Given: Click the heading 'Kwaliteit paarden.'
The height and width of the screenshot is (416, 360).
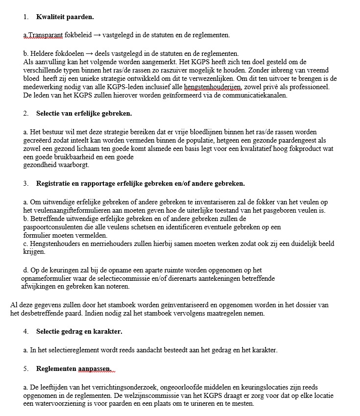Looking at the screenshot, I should (x=65, y=17).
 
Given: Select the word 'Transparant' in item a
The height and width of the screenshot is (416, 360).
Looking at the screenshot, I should (x=44, y=35).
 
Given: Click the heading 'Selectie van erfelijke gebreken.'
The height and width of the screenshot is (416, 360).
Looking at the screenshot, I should (x=84, y=114).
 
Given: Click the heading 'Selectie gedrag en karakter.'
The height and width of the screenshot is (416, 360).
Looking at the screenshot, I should (x=79, y=332).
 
